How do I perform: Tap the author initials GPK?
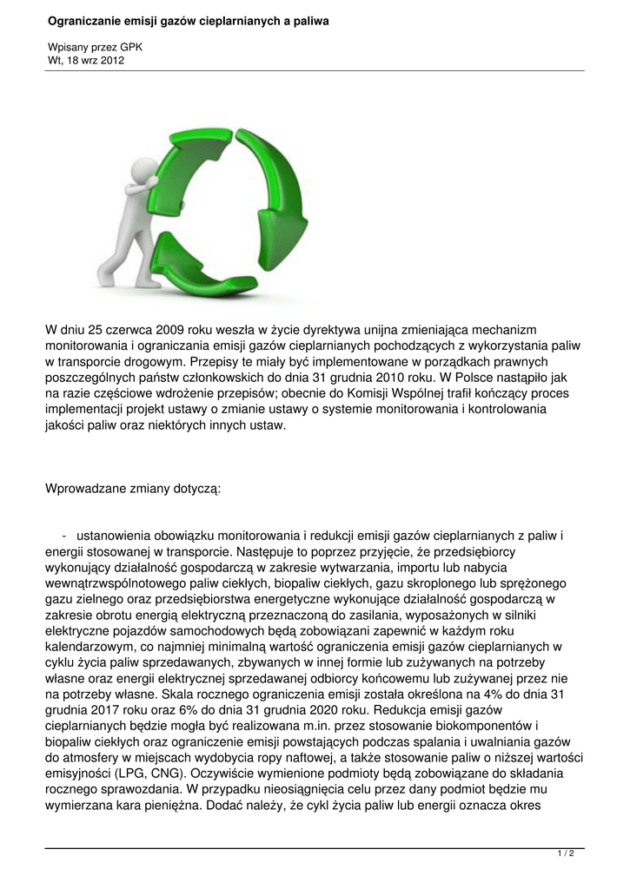[x=132, y=48]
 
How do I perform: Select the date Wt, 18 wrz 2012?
[x=86, y=61]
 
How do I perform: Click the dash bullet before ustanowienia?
[x=64, y=536]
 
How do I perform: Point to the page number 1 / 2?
[x=566, y=854]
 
